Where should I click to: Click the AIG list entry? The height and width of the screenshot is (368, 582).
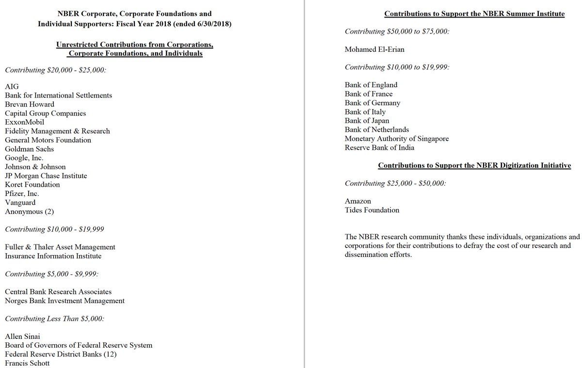point(12,87)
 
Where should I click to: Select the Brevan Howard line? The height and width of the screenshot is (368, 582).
point(30,104)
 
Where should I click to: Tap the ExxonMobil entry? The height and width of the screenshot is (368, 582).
point(25,122)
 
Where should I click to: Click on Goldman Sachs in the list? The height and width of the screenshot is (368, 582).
point(30,149)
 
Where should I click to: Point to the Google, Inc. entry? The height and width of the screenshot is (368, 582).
point(24,158)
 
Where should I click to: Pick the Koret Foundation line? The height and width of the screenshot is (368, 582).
point(32,185)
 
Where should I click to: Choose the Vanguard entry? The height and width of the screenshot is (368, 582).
point(20,203)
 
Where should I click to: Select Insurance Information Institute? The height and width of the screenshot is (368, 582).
point(53,256)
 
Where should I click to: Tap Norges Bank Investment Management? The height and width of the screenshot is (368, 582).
point(65,301)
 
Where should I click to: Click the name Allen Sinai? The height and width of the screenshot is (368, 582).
point(23,336)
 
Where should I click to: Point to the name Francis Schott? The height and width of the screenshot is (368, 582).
point(27,363)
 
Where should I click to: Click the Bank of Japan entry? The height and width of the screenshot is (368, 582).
point(367,121)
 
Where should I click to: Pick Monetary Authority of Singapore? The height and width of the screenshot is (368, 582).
point(397,139)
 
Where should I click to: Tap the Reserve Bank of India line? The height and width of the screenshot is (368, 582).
point(380,147)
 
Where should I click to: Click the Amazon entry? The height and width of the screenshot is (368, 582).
point(358,201)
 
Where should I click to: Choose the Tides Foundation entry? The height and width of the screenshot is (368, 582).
point(372,210)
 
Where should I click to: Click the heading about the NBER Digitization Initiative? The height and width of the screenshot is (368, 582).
point(474,166)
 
